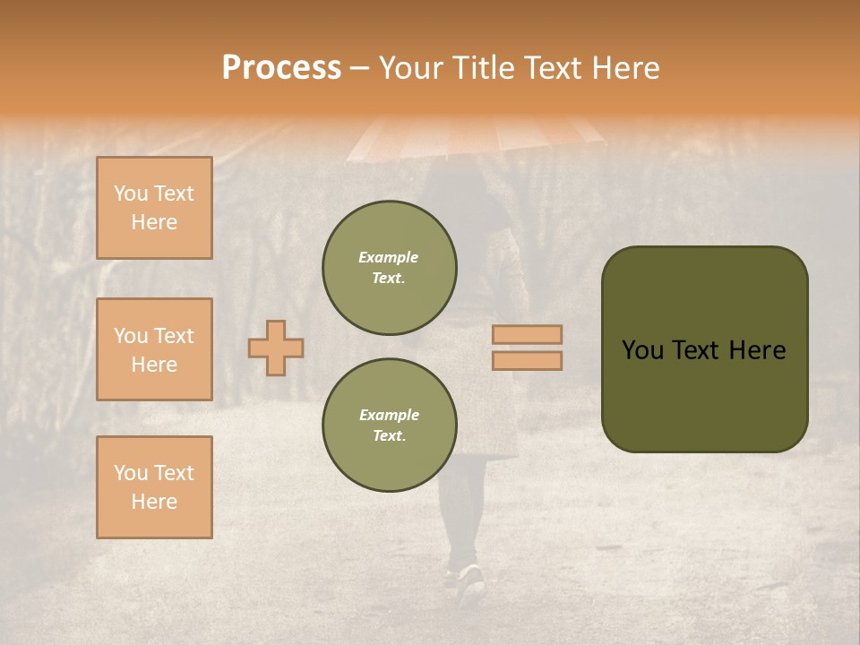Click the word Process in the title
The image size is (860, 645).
pos(281,68)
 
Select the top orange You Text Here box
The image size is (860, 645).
pos(154,208)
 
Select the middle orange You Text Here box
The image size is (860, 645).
pos(154,349)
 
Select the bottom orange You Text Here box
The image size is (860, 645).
pos(154,487)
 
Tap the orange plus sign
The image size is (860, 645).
pos(276,348)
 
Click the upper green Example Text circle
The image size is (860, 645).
pos(389,268)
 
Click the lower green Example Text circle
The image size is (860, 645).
pos(389,426)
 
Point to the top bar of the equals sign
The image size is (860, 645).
pos(527,335)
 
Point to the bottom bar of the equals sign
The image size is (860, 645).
pos(527,360)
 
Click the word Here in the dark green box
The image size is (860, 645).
pos(757,350)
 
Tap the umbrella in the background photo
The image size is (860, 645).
pos(475,134)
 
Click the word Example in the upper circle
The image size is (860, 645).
pos(389,257)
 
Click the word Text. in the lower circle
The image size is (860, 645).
pos(389,436)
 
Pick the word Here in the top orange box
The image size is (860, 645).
pos(154,222)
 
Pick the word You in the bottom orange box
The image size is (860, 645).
pos(130,473)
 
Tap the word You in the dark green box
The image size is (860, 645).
pos(642,350)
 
